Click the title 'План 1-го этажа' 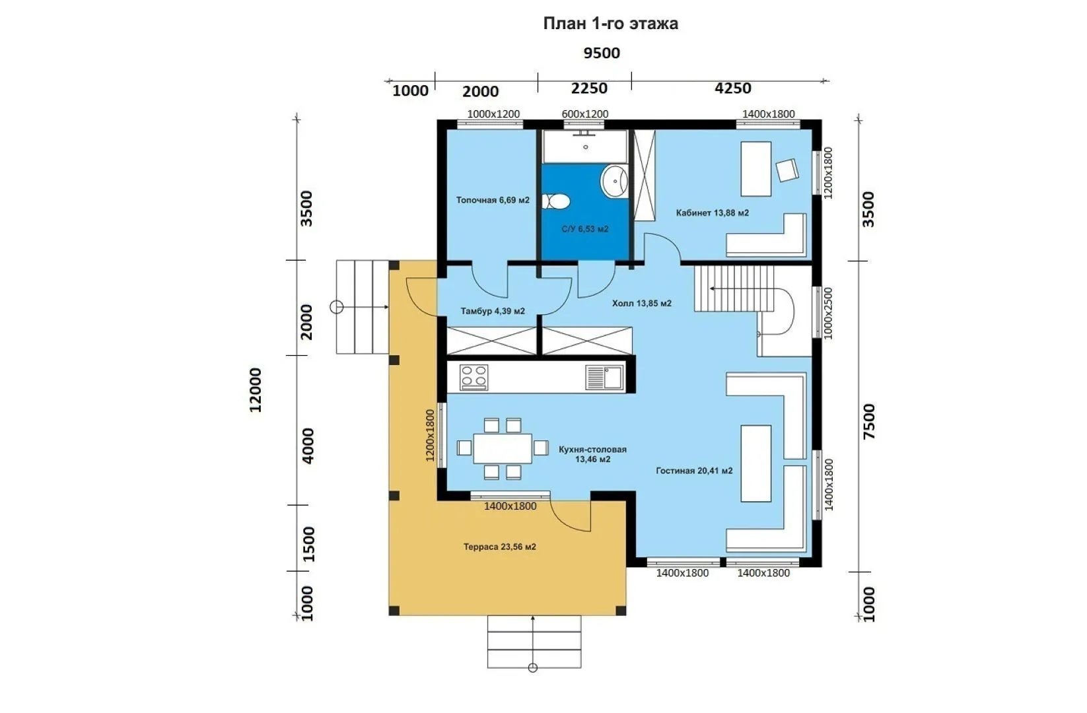pyautogui.click(x=610, y=23)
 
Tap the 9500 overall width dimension pyautogui.click(x=602, y=53)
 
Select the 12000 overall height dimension pyautogui.click(x=256, y=390)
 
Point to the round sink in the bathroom pyautogui.click(x=614, y=182)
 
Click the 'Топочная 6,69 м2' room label pyautogui.click(x=493, y=200)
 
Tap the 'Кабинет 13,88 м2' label pyautogui.click(x=713, y=213)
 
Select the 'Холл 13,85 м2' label pyautogui.click(x=641, y=303)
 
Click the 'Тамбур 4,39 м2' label pyautogui.click(x=493, y=311)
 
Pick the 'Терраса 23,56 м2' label pyautogui.click(x=499, y=547)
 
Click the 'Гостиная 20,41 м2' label pyautogui.click(x=694, y=471)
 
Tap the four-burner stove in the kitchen pyautogui.click(x=474, y=378)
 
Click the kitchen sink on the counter pyautogui.click(x=604, y=378)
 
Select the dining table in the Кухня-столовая pyautogui.click(x=503, y=448)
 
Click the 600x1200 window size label pyautogui.click(x=584, y=114)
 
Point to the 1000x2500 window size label pyautogui.click(x=828, y=314)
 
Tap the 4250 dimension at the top pyautogui.click(x=733, y=88)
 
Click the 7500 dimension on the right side pyautogui.click(x=868, y=421)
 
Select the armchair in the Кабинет pyautogui.click(x=787, y=170)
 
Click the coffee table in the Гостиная pyautogui.click(x=755, y=463)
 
